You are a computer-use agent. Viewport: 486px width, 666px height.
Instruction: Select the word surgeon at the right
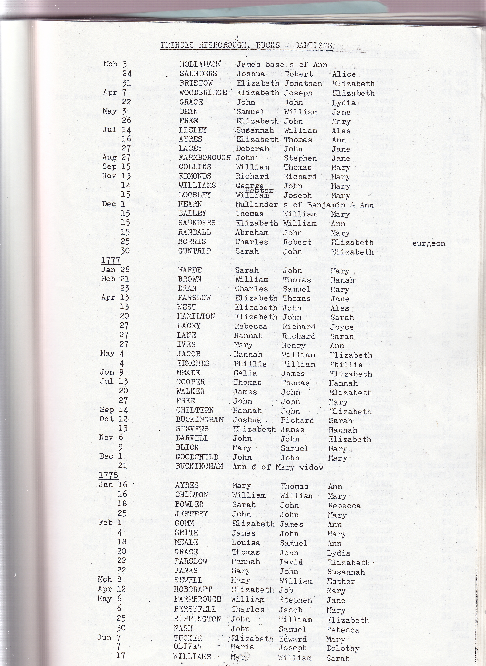[x=429, y=243]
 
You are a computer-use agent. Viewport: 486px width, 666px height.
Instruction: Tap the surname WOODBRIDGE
[x=203, y=93]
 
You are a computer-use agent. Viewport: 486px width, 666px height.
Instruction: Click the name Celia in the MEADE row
[x=245, y=373]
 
